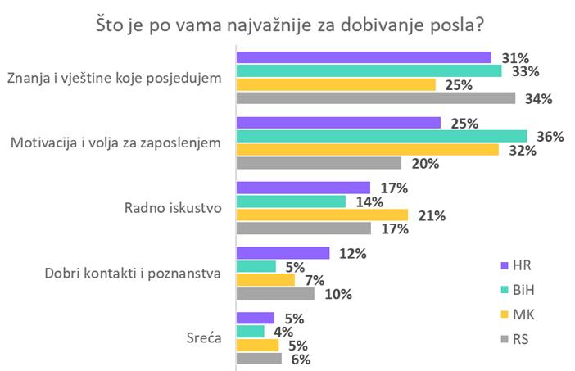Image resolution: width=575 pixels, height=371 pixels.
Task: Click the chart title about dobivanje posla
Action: click(x=288, y=24)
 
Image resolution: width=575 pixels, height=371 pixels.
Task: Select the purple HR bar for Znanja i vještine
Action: click(x=364, y=57)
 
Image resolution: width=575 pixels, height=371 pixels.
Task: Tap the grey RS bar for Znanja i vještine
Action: click(x=376, y=98)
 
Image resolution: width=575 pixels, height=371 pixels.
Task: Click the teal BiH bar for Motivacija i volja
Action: click(x=382, y=136)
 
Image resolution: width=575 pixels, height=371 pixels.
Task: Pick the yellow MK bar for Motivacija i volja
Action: click(x=368, y=150)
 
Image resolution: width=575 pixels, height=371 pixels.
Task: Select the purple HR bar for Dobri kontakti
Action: click(x=283, y=253)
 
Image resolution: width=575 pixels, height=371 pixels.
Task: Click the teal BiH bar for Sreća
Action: click(x=251, y=331)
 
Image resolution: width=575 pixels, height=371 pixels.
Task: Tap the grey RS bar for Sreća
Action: click(x=259, y=358)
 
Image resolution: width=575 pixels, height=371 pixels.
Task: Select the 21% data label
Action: click(x=432, y=216)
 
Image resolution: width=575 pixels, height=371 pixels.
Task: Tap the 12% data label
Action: click(x=351, y=253)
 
